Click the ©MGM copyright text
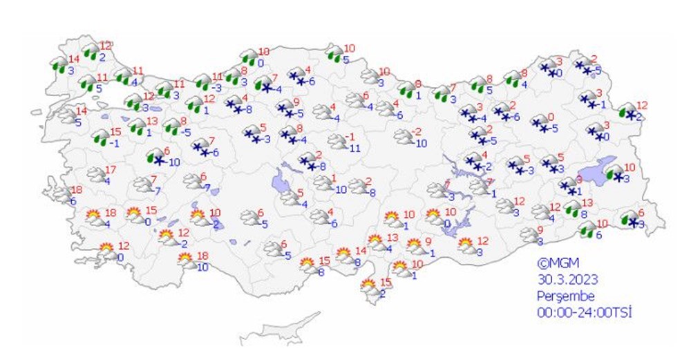(x=558, y=263)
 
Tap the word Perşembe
(x=565, y=296)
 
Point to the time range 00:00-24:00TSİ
(x=585, y=312)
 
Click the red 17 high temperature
(x=110, y=170)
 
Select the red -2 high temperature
(x=417, y=131)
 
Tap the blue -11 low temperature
(x=355, y=147)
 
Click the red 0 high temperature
(x=551, y=117)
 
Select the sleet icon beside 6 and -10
(x=153, y=159)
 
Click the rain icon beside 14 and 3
(x=58, y=66)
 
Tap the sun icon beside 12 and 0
(x=106, y=251)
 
